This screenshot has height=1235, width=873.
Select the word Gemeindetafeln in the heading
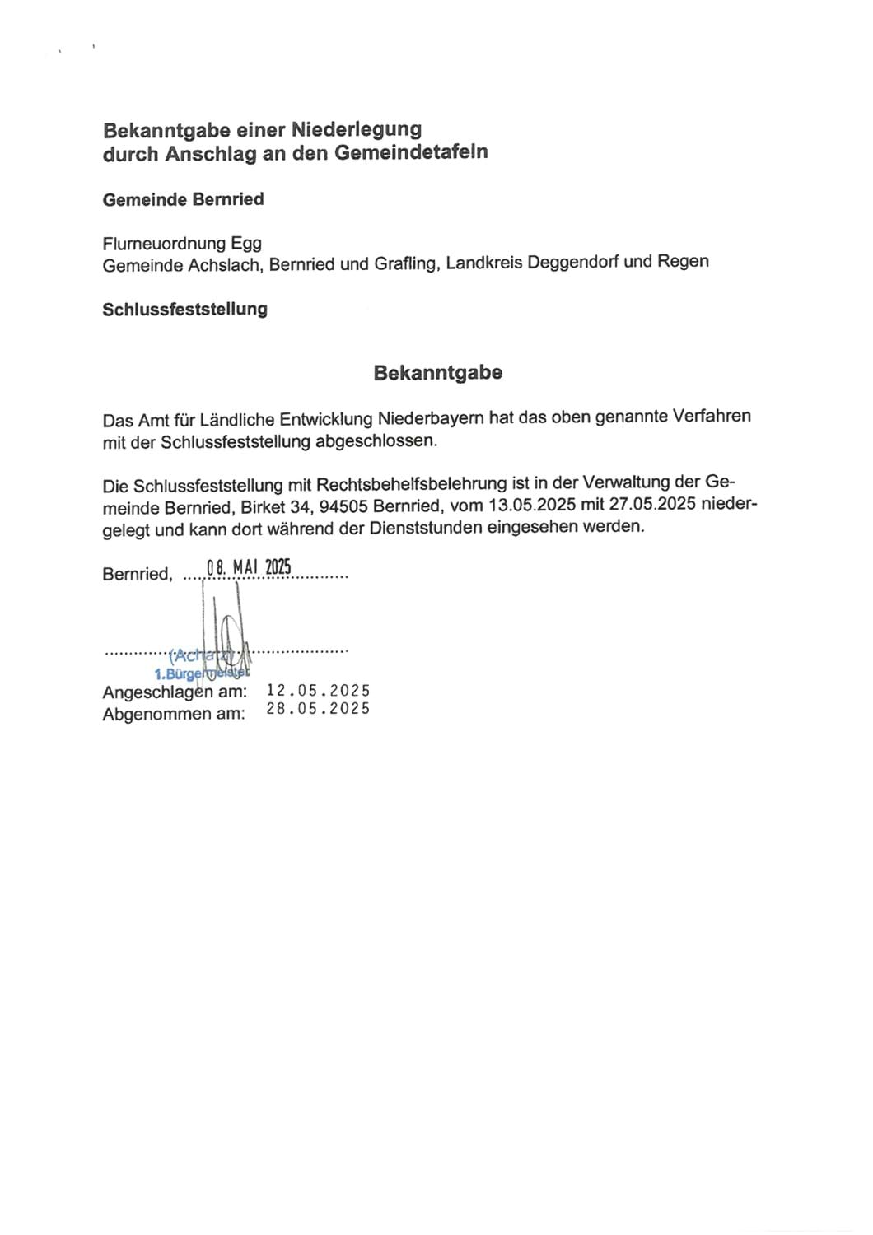[411, 152]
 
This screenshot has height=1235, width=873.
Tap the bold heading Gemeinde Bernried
[183, 199]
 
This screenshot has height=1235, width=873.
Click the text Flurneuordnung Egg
[182, 244]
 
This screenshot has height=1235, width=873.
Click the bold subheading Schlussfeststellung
[184, 310]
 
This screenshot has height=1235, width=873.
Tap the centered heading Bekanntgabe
[437, 373]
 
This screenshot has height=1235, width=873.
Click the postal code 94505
[340, 506]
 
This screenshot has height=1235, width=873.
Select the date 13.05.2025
[525, 505]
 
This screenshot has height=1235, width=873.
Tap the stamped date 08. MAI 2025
[249, 567]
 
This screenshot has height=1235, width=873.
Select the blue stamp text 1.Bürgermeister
[203, 674]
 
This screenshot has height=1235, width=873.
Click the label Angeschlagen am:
[175, 692]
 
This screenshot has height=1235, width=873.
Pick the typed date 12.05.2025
[318, 691]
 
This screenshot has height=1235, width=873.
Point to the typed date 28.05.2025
[318, 709]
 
